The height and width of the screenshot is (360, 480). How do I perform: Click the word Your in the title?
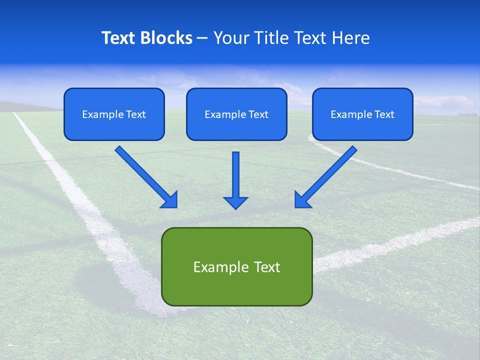230,38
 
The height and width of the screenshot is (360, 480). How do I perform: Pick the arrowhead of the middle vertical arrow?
235,202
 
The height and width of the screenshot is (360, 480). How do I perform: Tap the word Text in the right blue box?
384,114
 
